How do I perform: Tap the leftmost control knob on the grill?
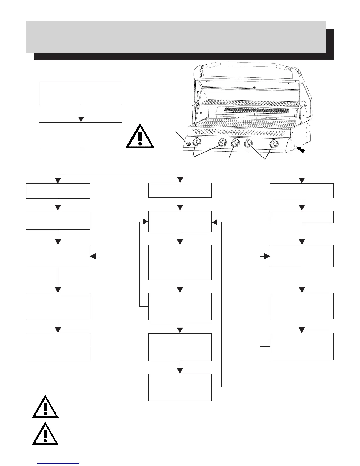(197, 143)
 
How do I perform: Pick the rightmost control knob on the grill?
(274, 143)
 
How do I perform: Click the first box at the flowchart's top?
(81, 93)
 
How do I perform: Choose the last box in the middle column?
(180, 387)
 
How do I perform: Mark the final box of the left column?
(58, 347)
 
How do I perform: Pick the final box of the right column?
(302, 347)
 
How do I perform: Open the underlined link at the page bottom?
(59, 463)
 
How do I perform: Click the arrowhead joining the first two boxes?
(81, 119)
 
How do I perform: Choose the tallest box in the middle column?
(180, 262)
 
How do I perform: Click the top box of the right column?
(302, 191)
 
